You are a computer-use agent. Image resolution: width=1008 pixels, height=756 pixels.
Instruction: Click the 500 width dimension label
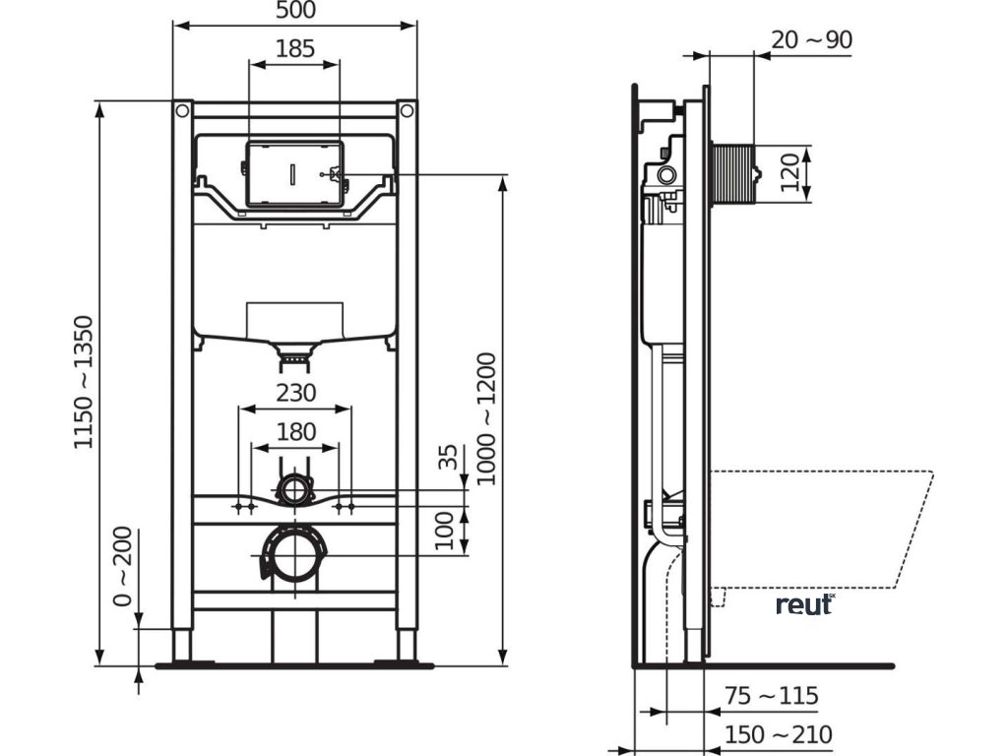pos(295,10)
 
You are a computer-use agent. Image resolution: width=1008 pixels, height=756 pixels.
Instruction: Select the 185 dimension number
pos(295,49)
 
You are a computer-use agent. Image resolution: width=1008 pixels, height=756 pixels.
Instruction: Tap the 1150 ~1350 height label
pos(84,382)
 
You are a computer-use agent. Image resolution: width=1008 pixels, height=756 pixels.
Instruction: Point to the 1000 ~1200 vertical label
pos(486,418)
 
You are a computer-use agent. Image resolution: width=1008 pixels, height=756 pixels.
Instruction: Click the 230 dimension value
pos(295,392)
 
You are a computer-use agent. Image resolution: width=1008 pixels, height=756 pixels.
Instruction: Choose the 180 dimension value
pos(295,431)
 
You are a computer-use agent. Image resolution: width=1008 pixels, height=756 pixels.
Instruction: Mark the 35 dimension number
pos(448,457)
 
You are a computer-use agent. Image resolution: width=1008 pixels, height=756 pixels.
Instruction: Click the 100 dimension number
pos(445,531)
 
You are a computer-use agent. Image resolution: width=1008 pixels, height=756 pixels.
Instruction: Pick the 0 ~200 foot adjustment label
pos(122,566)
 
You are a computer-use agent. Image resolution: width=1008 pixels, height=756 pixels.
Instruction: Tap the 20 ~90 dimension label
pos(811,39)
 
